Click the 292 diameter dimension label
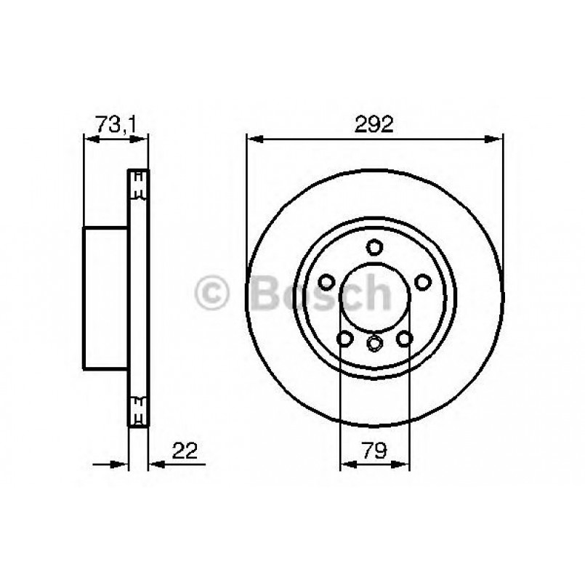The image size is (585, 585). point(375,124)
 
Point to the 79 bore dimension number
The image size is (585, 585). point(375,450)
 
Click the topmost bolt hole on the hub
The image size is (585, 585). point(374,246)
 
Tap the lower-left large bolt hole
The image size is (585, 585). point(344,339)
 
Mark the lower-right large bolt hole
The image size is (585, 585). point(404,339)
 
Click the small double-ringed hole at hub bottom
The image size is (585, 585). point(374,343)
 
